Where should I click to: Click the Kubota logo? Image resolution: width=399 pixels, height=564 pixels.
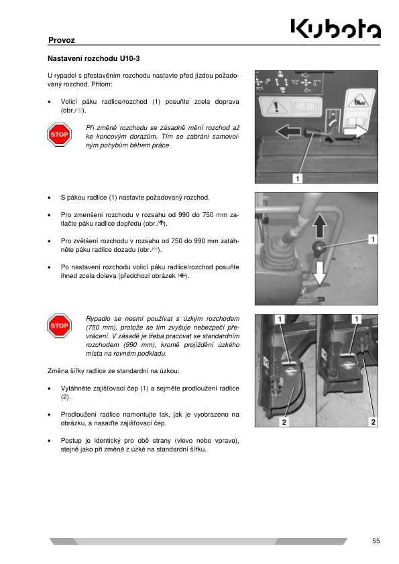(x=335, y=28)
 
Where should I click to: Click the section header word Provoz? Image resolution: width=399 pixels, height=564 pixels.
(x=62, y=40)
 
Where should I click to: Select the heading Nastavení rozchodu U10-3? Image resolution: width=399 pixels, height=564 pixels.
(x=94, y=58)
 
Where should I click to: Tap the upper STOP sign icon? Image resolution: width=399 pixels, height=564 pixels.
(x=60, y=135)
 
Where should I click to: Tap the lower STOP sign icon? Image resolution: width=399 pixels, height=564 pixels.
(x=60, y=326)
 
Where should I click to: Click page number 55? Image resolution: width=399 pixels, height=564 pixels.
(x=376, y=541)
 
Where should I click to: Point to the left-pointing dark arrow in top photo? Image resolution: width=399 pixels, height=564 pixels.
(x=288, y=131)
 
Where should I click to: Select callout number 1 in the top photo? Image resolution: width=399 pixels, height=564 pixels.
(x=298, y=178)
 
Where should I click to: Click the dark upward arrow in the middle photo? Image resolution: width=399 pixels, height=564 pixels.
(x=319, y=225)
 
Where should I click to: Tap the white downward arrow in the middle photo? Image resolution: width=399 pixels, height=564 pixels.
(x=319, y=273)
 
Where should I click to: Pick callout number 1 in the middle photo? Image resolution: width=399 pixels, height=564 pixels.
(x=373, y=239)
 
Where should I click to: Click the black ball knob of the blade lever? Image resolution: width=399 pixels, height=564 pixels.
(x=319, y=249)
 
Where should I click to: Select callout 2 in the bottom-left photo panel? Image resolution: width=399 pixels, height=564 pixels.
(x=284, y=421)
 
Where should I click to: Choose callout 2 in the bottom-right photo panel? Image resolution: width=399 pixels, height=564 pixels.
(x=373, y=421)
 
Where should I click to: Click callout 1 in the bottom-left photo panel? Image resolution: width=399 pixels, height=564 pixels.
(x=280, y=319)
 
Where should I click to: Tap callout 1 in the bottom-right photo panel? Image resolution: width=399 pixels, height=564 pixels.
(x=357, y=319)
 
